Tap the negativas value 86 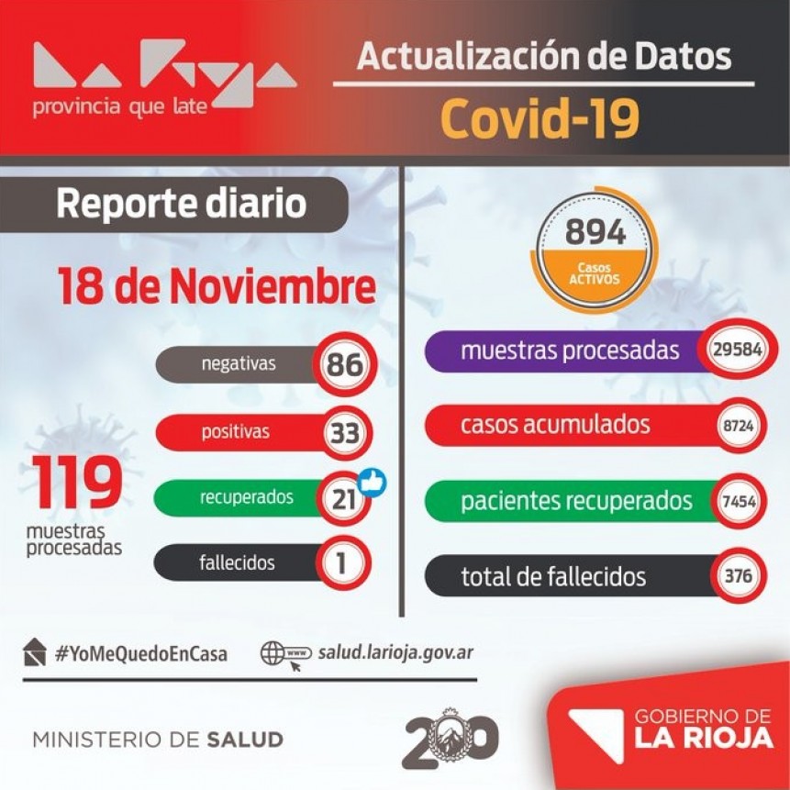345,365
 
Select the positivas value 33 345,432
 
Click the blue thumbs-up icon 372,482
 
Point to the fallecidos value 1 342,563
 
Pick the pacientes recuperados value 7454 739,503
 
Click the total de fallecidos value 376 739,576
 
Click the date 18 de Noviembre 217,287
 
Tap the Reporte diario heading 181,204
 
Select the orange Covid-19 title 540,117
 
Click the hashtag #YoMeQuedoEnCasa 141,654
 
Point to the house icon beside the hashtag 35,651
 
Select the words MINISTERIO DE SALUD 158,740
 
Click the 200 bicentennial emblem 450,738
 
